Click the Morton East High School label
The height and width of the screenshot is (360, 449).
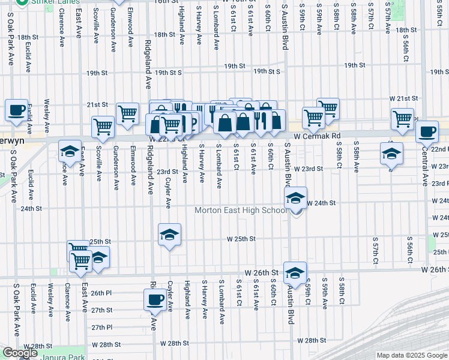[241, 210]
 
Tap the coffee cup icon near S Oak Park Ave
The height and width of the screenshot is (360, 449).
[17, 110]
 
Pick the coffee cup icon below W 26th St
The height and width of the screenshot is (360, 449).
[155, 299]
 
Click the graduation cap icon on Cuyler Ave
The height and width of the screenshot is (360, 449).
[170, 234]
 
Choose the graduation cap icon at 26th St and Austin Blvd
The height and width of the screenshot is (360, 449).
[295, 272]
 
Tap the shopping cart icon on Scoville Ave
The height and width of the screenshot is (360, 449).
[103, 127]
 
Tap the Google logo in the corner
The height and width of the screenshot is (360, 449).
[20, 353]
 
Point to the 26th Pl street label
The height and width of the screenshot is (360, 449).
[101, 294]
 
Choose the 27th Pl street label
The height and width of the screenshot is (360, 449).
[101, 327]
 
